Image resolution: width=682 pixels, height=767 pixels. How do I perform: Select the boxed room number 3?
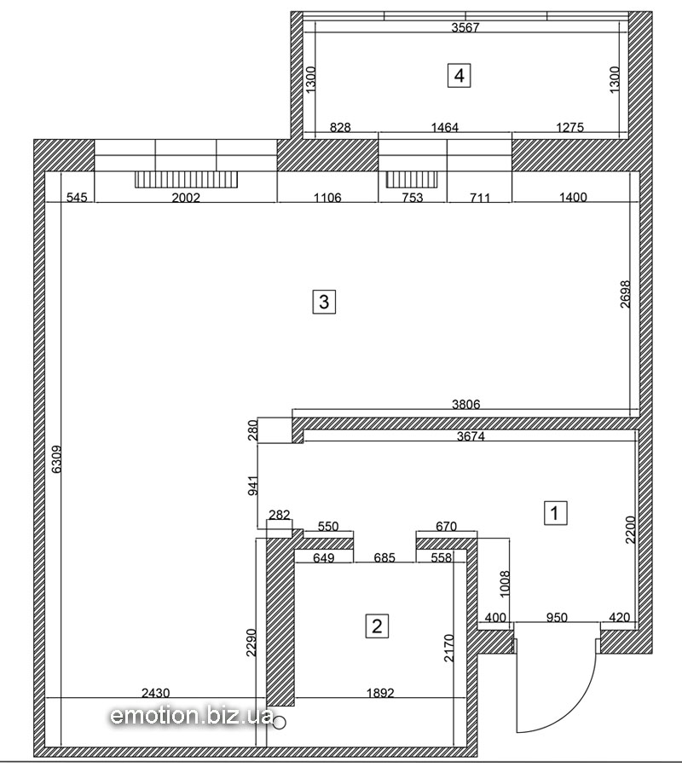324,302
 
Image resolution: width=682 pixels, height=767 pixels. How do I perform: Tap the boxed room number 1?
555,513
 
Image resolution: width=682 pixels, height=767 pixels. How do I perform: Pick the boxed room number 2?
377,626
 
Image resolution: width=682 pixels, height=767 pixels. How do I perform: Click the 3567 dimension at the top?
465,27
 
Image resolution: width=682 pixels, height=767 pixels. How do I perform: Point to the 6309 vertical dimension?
56,459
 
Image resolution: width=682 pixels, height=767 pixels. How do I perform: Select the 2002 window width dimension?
186,198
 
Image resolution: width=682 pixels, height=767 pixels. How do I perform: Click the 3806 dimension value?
465,404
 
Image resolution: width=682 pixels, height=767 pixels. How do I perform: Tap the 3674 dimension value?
471,435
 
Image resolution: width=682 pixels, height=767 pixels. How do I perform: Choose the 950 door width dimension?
557,617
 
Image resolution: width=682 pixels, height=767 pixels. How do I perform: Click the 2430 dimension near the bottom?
155,693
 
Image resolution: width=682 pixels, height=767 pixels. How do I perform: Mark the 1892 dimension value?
380,693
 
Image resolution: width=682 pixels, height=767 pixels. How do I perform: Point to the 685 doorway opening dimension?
384,557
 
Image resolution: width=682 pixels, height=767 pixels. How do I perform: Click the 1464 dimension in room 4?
445,128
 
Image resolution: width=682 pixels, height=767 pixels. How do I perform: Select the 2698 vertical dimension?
625,294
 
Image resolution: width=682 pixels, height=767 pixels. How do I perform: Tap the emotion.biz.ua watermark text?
192,716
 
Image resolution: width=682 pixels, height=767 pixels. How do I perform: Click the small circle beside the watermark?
280,722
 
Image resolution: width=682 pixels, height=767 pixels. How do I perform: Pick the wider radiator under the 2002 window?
187,179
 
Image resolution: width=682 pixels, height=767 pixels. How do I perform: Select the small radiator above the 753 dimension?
412,179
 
